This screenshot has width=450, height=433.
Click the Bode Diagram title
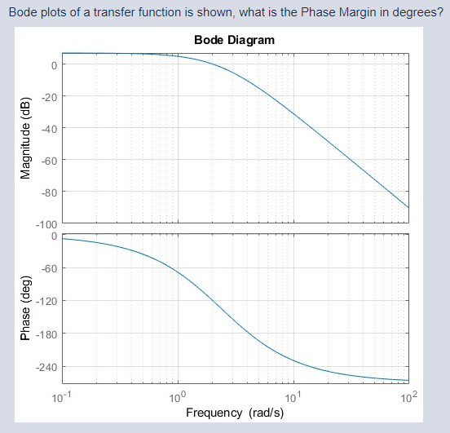[x=235, y=40]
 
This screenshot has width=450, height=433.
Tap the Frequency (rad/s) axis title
[x=235, y=413]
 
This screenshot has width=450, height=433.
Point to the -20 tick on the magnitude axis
[x=48, y=96]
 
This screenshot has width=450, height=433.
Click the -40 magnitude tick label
[x=48, y=128]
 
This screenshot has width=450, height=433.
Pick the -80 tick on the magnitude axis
[x=48, y=192]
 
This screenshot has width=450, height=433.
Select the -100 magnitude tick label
[x=46, y=224]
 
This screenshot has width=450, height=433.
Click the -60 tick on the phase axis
[x=48, y=268]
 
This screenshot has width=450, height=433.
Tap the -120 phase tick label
[x=46, y=302]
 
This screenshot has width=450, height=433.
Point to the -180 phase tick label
[x=46, y=334]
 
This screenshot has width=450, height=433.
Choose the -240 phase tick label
[x=46, y=368]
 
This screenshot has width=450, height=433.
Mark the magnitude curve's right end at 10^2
[x=408, y=207]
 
